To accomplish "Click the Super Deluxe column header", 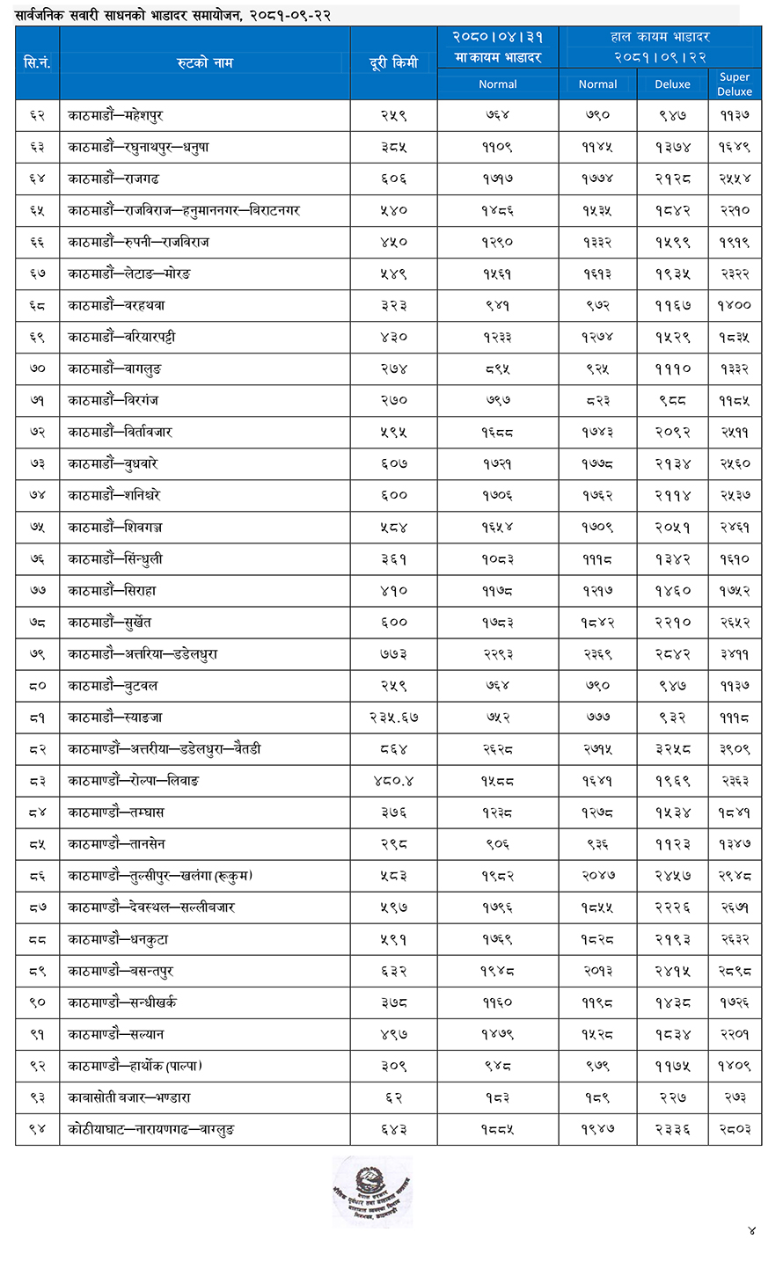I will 735,84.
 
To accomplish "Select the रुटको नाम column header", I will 204,62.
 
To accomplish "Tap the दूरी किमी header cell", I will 393,62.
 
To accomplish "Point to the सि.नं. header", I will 37,62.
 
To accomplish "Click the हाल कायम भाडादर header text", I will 660,37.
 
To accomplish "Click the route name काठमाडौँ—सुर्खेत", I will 110,622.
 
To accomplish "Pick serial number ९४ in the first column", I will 37,1129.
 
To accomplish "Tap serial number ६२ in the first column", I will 37,115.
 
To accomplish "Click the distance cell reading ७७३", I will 393,653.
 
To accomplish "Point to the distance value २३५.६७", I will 393,718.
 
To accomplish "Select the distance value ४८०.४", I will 393,781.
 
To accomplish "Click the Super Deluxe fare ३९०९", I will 735,749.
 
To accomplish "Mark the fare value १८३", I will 497,1097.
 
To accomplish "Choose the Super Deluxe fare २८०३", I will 735,1129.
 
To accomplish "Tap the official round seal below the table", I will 372,1190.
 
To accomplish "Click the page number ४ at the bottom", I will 751,1230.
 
